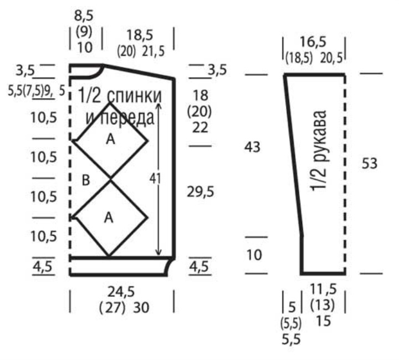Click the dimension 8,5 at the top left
[x=84, y=16]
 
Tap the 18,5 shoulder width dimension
[x=140, y=34]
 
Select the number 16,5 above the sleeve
[x=313, y=42]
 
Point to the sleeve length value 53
[x=369, y=163]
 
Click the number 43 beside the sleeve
[x=252, y=147]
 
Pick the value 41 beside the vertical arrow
[x=155, y=179]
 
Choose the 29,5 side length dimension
[x=201, y=192]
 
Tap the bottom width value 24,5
[x=121, y=292]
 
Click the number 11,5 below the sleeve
[x=323, y=289]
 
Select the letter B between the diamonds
[x=86, y=180]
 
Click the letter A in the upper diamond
[x=110, y=139]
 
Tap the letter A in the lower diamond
[x=109, y=218]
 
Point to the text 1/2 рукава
[x=318, y=150]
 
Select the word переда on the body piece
[x=127, y=118]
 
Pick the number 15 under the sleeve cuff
[x=323, y=321]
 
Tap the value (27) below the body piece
[x=112, y=308]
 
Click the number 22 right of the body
[x=200, y=128]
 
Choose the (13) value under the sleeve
[x=322, y=305]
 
